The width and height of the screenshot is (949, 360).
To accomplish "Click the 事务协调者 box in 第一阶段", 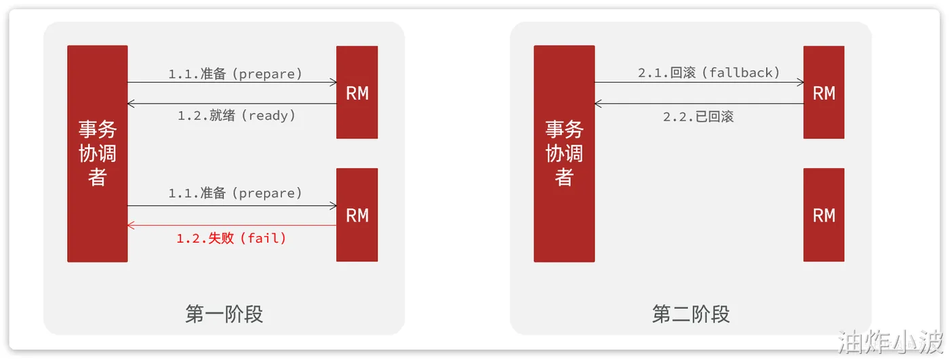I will (97, 153).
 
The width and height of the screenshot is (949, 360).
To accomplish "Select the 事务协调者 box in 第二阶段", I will (564, 153).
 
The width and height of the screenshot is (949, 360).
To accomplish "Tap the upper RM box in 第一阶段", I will (357, 92).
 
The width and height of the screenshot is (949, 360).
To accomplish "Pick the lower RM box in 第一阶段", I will (357, 215).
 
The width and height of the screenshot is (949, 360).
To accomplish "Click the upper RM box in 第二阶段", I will (824, 92).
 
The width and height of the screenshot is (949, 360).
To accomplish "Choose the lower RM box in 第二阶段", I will (824, 215).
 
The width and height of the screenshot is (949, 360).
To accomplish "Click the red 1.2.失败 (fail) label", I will (232, 238).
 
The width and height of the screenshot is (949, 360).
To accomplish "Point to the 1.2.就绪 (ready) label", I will (237, 116).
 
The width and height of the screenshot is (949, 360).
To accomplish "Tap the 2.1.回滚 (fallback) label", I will (708, 73).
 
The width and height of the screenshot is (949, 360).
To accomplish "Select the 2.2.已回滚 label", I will (698, 117).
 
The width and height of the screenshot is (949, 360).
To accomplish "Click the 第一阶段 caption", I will (224, 315).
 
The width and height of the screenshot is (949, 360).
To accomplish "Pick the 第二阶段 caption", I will (691, 315).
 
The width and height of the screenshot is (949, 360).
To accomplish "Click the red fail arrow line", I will (232, 226).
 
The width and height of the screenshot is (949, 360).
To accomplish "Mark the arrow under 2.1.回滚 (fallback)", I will (699, 83).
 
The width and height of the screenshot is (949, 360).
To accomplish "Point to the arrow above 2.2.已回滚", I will (699, 104).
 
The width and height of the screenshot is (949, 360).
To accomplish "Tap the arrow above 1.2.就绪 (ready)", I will (232, 104).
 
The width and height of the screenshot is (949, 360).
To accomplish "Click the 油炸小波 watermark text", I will (891, 342).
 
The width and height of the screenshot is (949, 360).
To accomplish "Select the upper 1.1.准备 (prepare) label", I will (235, 73).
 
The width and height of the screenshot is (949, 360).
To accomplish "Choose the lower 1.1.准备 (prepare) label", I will (235, 193).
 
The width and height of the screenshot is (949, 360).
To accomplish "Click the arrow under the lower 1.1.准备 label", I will (232, 205).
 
